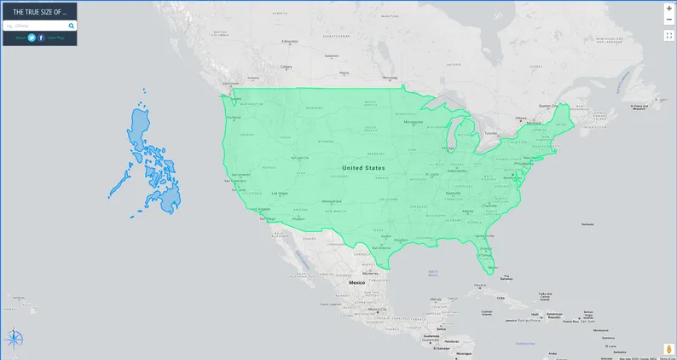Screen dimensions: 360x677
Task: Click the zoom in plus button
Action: point(669,8)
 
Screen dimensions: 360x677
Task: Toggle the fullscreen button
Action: point(669,35)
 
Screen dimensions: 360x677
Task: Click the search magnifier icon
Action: point(72,26)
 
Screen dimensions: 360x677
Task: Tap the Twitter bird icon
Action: point(32,38)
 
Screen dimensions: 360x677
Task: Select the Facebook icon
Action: point(41,38)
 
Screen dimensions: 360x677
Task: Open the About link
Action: point(20,38)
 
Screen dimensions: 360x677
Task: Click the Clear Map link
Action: point(55,38)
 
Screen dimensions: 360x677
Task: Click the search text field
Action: point(38,26)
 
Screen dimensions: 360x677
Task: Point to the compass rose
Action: point(14,340)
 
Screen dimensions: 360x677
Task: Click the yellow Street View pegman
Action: point(669,349)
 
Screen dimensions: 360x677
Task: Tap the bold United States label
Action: point(363,168)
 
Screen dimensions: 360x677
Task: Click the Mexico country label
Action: point(356,282)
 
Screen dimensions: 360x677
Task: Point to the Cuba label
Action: point(501,298)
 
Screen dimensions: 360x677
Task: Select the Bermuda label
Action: point(587,224)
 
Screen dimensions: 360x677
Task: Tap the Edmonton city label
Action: point(291,42)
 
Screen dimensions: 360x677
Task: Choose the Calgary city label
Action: point(286,67)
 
